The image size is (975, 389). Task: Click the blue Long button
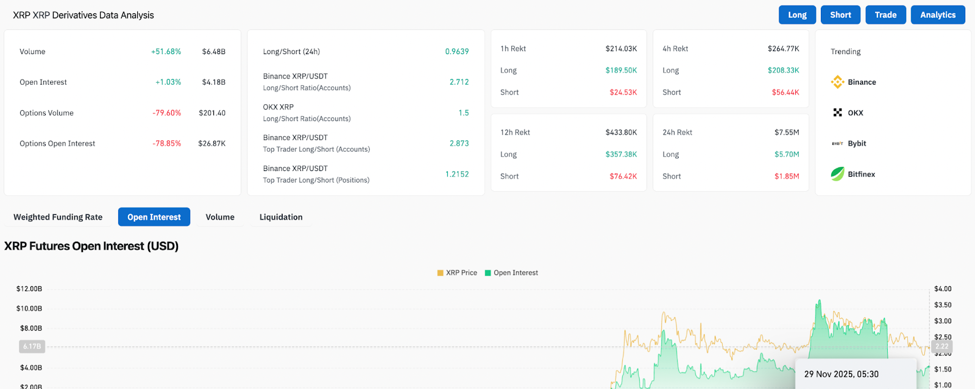point(797,15)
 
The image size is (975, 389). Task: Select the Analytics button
point(938,15)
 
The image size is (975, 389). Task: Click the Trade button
point(885,15)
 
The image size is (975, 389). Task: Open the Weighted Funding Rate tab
point(58,217)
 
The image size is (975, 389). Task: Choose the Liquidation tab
point(281,217)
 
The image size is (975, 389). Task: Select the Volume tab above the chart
point(220,217)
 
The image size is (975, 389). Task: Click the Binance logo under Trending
point(838,82)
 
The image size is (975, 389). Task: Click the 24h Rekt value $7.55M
point(787,132)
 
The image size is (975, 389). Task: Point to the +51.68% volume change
point(166,52)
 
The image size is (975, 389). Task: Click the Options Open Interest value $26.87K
point(211,144)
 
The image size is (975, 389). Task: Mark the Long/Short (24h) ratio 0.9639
point(457,52)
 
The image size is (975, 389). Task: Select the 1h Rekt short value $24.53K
point(623,93)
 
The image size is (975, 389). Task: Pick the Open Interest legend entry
point(512,273)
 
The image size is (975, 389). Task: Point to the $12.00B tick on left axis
point(29,289)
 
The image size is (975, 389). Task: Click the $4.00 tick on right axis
point(943,289)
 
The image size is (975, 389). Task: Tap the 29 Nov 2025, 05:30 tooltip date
point(841,374)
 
